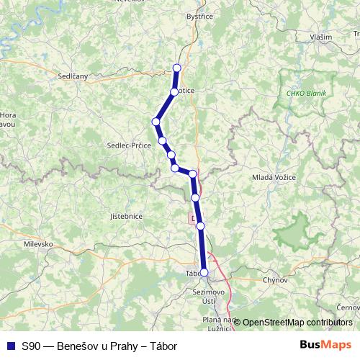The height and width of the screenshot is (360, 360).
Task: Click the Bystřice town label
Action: pos(200,15)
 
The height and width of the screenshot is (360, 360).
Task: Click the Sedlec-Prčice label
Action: pos(129,144)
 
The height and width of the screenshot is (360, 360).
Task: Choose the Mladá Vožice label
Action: pos(272,176)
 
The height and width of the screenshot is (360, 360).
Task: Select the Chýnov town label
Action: pos(276,279)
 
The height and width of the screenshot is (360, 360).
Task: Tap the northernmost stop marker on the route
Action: pos(177,68)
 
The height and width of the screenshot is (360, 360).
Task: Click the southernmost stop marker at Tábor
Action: pos(204,272)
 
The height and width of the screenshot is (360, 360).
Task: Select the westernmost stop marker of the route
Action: pos(156,121)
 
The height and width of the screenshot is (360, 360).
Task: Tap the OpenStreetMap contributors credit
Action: pos(297,323)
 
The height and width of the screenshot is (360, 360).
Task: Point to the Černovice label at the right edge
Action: pos(348,307)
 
